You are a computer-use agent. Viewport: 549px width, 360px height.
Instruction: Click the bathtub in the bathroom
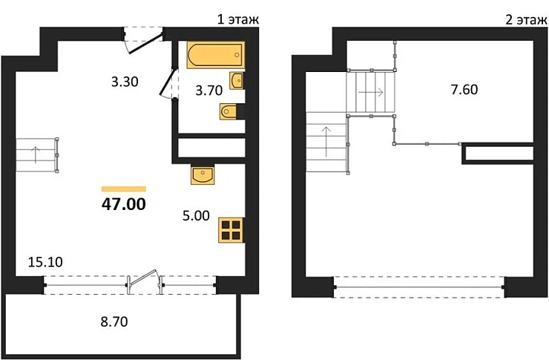point(216,55)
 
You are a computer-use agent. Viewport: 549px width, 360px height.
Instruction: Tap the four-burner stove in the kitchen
point(231,230)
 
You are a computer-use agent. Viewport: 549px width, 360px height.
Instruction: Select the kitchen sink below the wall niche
point(203,175)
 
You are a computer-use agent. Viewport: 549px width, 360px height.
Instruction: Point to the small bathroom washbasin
point(237,81)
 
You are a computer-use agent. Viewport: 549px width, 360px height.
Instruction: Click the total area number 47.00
point(124,204)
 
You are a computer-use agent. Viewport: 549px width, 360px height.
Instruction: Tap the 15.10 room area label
point(45,261)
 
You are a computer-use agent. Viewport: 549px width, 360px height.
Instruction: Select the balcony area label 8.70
point(114,321)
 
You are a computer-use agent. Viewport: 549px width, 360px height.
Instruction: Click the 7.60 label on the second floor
point(464,90)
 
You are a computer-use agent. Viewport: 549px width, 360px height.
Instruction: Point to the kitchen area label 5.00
point(196,216)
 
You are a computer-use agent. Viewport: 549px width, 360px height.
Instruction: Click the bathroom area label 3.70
point(209,91)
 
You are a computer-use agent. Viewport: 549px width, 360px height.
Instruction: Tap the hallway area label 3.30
point(125,82)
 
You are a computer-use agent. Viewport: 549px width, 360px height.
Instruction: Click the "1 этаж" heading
point(238,19)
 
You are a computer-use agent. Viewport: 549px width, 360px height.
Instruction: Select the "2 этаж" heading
point(526,19)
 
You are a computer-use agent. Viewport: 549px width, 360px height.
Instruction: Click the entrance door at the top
point(145,44)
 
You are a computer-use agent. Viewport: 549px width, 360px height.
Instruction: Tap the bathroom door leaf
point(167,82)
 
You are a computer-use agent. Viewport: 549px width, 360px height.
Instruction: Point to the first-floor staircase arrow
point(36,155)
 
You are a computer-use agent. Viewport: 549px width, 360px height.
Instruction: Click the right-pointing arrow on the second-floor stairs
point(371,93)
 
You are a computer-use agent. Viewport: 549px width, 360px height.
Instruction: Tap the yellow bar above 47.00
point(124,189)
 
